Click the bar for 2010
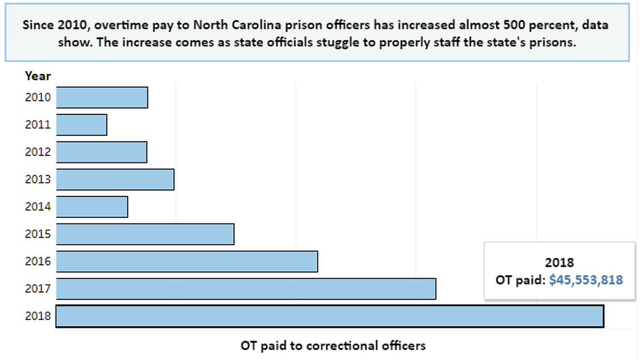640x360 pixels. point(102,98)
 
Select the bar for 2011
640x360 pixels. point(81,125)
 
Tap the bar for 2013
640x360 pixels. point(115,180)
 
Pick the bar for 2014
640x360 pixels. point(92,207)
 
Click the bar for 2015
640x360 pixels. point(145,234)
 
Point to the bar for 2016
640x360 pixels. point(187,262)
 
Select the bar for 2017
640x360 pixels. point(246,289)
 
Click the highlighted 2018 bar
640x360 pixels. point(330,316)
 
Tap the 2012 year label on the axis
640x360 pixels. point(38,152)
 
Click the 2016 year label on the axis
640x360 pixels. point(38,262)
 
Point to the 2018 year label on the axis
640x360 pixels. point(38,316)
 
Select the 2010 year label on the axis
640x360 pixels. point(38,98)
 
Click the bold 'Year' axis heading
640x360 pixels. point(38,76)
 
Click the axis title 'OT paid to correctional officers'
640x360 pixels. point(333,345)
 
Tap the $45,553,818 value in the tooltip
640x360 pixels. point(586,280)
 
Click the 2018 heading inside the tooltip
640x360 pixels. point(559,263)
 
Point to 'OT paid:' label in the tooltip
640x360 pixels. point(520,280)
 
